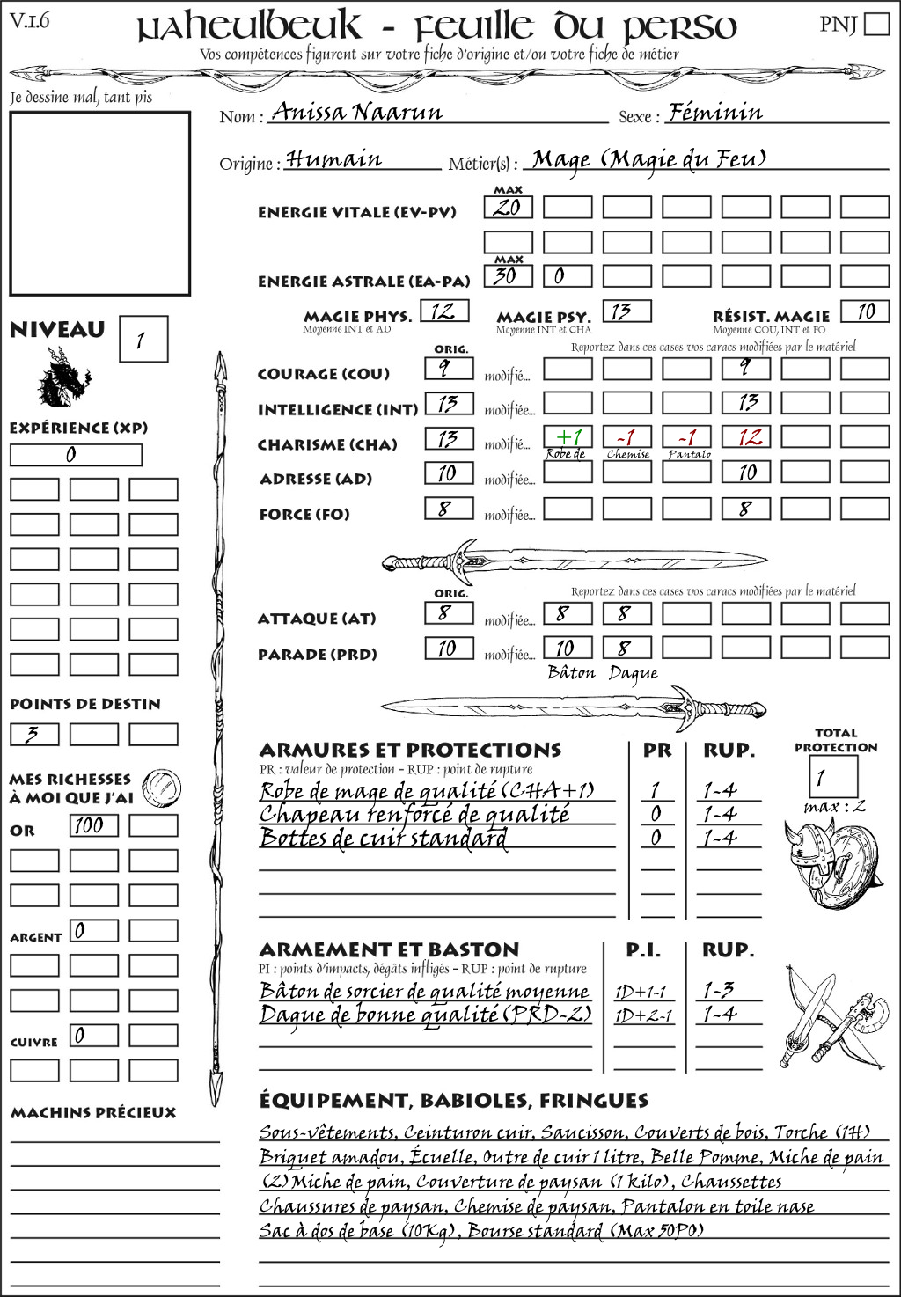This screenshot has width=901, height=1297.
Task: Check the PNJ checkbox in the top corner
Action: [876, 24]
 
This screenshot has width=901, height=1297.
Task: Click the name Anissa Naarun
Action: [357, 112]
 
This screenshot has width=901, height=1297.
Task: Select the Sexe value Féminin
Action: [715, 112]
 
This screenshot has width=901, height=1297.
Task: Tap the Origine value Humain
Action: [334, 159]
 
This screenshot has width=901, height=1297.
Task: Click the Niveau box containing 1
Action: [143, 339]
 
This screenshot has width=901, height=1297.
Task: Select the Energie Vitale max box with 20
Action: [508, 208]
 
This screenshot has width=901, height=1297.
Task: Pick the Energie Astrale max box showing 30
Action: [508, 276]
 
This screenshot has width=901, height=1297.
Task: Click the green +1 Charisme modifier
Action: [568, 437]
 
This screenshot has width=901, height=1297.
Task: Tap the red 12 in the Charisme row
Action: [747, 437]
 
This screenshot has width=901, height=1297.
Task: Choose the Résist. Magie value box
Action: [864, 311]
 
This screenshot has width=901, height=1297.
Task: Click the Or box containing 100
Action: [93, 825]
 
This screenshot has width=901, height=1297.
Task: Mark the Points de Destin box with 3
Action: [34, 734]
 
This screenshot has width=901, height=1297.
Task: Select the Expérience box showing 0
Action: [75, 455]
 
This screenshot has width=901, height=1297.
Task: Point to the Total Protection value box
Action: [832, 777]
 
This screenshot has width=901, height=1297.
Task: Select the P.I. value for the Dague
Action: [643, 1015]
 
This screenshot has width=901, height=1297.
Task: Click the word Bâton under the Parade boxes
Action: [572, 673]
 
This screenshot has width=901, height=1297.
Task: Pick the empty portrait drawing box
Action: [99, 203]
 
